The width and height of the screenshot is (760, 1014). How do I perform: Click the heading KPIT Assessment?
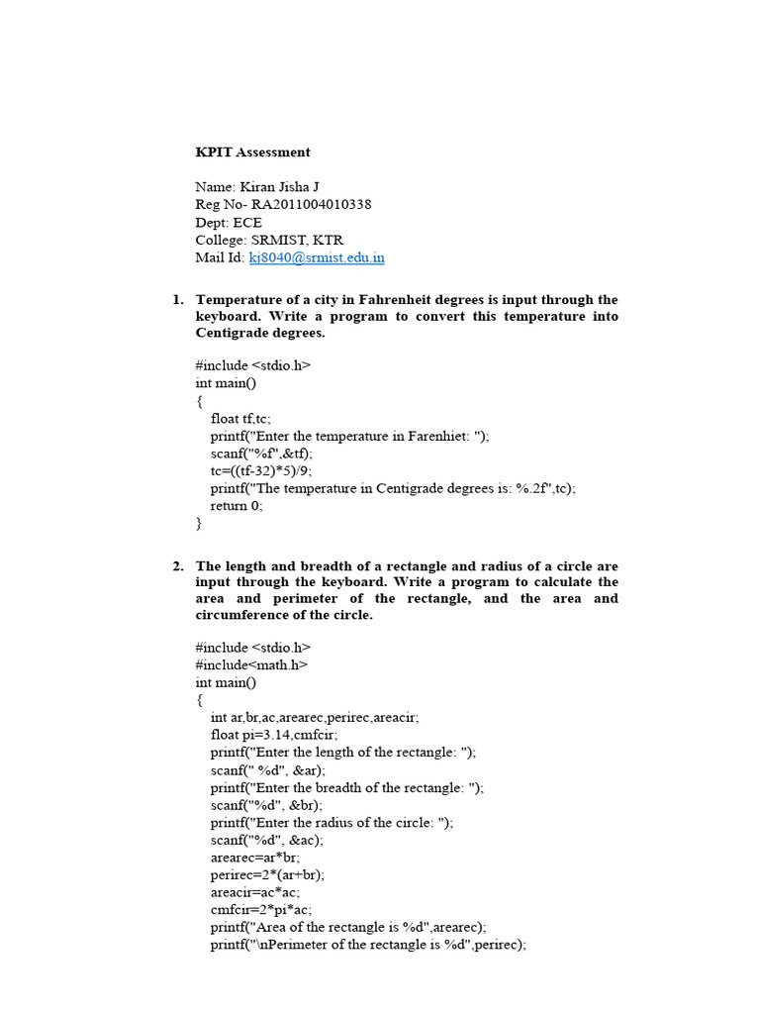(x=252, y=152)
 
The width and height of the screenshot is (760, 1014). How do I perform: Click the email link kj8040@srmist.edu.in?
(x=317, y=258)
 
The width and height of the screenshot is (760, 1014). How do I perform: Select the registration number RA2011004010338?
(x=312, y=205)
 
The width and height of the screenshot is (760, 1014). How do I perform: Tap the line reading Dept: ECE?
(x=229, y=223)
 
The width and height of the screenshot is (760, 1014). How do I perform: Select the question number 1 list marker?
(x=177, y=300)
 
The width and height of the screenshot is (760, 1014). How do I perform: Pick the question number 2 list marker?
(x=177, y=566)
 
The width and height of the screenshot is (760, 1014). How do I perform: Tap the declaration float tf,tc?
(x=240, y=419)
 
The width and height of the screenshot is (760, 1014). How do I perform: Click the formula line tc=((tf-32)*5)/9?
(x=261, y=470)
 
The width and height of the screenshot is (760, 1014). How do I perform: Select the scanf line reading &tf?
(x=261, y=454)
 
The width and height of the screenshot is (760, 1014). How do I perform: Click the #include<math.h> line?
(x=251, y=664)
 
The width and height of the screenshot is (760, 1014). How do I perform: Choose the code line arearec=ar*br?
(x=254, y=858)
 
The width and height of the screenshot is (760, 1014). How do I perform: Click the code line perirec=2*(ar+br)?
(x=267, y=875)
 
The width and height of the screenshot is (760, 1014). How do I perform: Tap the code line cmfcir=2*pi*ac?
(x=261, y=909)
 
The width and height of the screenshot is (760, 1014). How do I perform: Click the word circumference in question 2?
(x=240, y=615)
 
